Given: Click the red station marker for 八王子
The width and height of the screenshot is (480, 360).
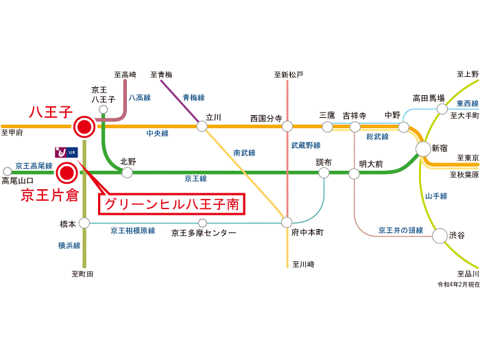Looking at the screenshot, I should (x=84, y=127).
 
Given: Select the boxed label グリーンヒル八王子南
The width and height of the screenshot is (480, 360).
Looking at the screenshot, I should (x=172, y=204).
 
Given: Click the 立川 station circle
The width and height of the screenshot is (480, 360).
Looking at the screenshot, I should (x=202, y=126).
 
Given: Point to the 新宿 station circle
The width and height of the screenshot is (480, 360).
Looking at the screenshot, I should (x=424, y=149).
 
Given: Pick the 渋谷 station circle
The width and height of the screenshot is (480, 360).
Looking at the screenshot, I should (x=439, y=235).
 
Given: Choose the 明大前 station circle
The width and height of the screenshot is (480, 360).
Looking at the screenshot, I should (x=354, y=173).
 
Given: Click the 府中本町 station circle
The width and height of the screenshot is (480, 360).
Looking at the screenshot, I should (x=287, y=222).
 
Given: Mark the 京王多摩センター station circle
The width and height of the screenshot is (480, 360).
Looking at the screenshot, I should (x=202, y=223).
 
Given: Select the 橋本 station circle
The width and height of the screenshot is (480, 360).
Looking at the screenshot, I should (x=84, y=223).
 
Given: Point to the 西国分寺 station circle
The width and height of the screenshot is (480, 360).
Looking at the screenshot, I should (x=287, y=126).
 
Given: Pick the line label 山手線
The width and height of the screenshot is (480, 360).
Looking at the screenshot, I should (x=436, y=196).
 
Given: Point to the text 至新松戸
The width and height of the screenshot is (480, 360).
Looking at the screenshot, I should (x=288, y=74).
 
